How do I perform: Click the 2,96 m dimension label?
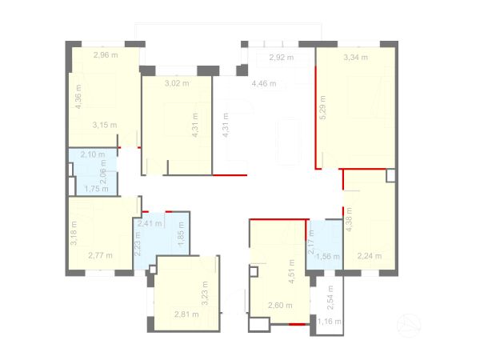pos(106,55)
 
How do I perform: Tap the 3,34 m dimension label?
pos(355,57)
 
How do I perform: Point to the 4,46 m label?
pos(263,83)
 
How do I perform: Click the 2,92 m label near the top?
pos(281,58)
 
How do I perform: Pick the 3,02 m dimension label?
pos(177,82)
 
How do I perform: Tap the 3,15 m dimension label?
pos(105,125)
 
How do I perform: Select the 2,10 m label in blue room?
pos(93,154)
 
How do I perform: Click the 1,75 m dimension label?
pos(97,189)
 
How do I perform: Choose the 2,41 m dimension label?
pos(150,224)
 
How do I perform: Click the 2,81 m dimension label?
pos(186,314)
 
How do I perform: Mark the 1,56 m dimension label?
pos(328,257)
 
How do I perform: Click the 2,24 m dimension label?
pos(370,257)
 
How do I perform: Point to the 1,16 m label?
pos(329,322)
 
